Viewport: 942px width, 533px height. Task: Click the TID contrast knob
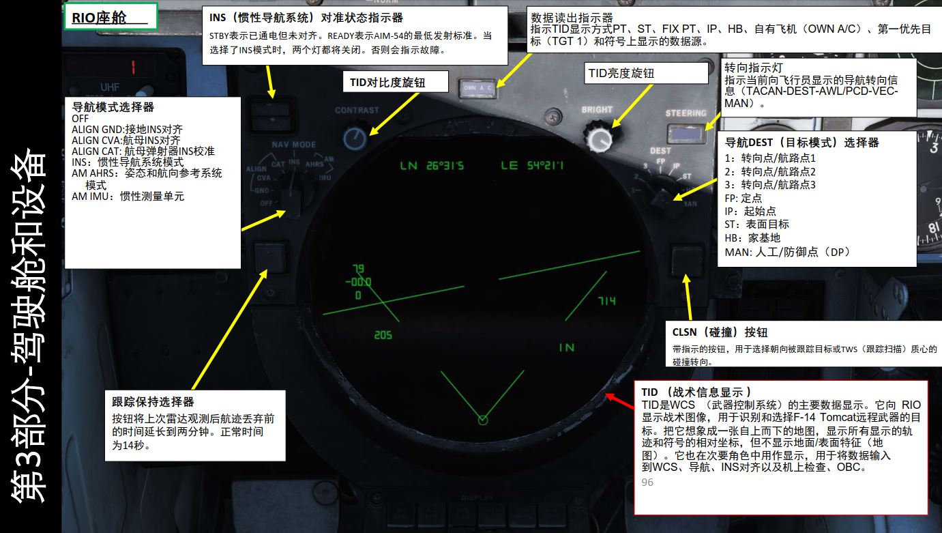point(354,139)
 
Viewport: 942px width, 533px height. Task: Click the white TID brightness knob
point(599,139)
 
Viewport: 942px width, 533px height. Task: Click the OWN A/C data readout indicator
point(478,87)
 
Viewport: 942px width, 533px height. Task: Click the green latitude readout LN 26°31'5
point(432,166)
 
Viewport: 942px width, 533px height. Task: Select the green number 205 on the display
point(383,335)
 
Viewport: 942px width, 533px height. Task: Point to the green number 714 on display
point(606,301)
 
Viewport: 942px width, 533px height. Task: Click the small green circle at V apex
point(483,420)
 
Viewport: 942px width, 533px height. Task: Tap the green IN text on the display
point(566,347)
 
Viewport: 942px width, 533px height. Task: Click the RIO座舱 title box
point(111,18)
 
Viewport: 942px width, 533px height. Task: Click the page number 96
point(647,482)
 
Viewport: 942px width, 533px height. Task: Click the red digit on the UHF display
point(134,68)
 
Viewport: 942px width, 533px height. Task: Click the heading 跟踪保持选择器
point(153,402)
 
